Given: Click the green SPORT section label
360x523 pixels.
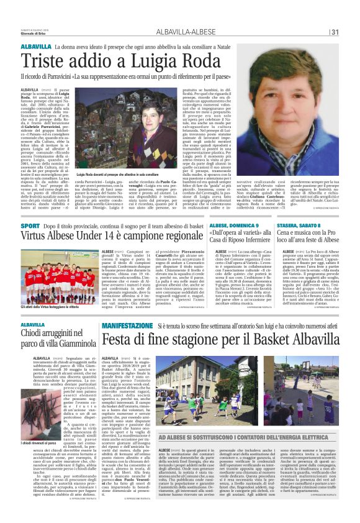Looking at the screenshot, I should tap(30, 225).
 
